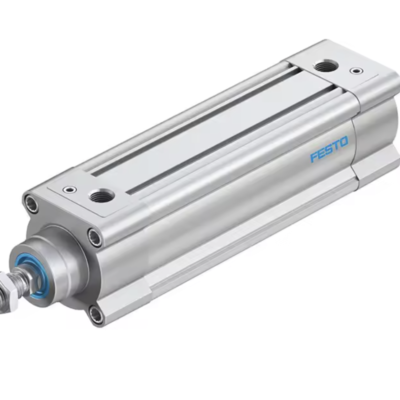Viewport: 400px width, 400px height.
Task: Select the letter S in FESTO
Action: pyautogui.click(x=328, y=150)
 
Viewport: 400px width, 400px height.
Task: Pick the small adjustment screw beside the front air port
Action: pyautogui.click(x=69, y=189)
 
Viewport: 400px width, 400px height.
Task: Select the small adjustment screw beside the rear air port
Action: pyautogui.click(x=355, y=71)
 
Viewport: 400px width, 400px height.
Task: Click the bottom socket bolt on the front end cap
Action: pyautogui.click(x=95, y=314)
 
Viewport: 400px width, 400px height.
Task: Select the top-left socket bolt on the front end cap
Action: pyautogui.click(x=31, y=203)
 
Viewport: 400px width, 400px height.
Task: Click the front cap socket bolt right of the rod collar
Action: pyautogui.click(x=94, y=237)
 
